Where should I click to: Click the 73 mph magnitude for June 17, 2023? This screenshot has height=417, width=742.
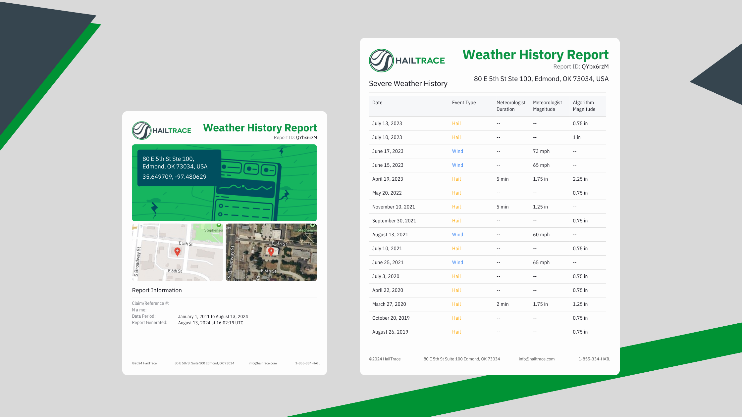(541, 151)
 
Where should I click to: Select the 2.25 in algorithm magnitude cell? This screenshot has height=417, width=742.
(580, 179)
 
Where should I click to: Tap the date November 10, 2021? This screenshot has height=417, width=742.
(393, 207)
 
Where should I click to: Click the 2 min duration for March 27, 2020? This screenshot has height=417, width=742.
(502, 304)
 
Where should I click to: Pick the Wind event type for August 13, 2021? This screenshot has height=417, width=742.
(457, 235)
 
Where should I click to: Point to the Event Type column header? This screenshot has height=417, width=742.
(464, 103)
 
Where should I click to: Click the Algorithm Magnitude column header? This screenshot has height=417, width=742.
(584, 106)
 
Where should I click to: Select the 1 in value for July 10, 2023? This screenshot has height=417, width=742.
(576, 137)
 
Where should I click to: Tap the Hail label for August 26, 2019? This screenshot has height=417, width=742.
(456, 332)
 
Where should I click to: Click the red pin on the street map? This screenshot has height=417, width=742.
(177, 252)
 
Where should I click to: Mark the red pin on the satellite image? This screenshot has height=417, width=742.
(271, 251)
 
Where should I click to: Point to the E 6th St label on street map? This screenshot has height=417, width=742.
(175, 271)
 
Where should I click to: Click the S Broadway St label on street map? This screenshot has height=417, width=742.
(137, 261)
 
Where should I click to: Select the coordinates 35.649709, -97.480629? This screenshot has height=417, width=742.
(174, 177)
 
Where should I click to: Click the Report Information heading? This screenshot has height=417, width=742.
(157, 290)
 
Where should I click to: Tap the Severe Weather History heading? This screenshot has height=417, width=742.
(408, 84)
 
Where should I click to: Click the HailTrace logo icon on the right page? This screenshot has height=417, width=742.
(381, 61)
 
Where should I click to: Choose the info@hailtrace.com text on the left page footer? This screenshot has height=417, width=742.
(263, 363)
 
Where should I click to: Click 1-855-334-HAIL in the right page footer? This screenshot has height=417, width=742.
(594, 359)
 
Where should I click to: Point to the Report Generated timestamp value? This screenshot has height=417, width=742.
(210, 323)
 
